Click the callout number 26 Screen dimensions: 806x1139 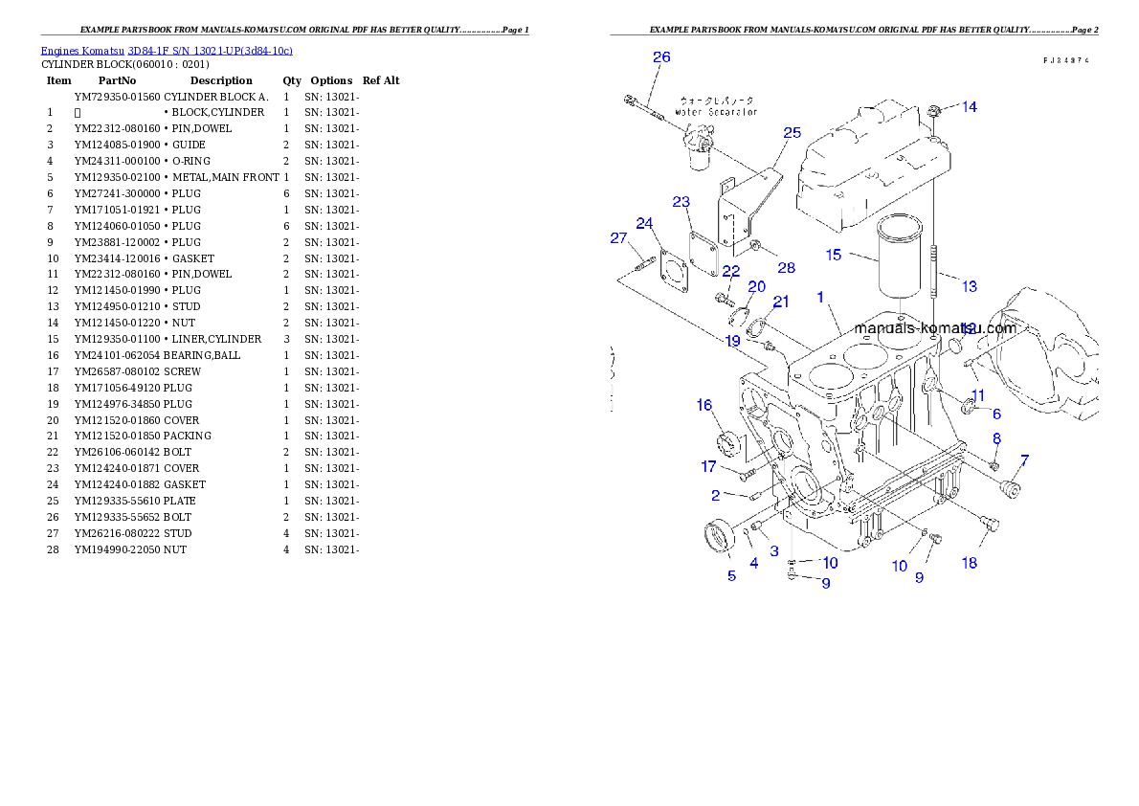661,57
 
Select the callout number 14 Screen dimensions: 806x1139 970,107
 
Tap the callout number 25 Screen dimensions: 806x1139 793,133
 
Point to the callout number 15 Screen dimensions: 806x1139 834,255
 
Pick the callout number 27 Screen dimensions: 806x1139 618,238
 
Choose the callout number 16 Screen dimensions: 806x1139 704,406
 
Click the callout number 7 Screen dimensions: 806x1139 1024,460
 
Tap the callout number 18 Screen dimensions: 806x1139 970,563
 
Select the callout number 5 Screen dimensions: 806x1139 732,575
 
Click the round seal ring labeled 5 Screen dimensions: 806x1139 719,536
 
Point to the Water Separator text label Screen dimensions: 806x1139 716,105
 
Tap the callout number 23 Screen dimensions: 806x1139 681,202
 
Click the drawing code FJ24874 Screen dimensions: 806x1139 1067,60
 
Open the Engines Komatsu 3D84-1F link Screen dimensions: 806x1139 167,51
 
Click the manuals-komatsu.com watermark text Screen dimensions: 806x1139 934,328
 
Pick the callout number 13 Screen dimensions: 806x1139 970,286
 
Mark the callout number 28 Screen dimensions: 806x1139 786,268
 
